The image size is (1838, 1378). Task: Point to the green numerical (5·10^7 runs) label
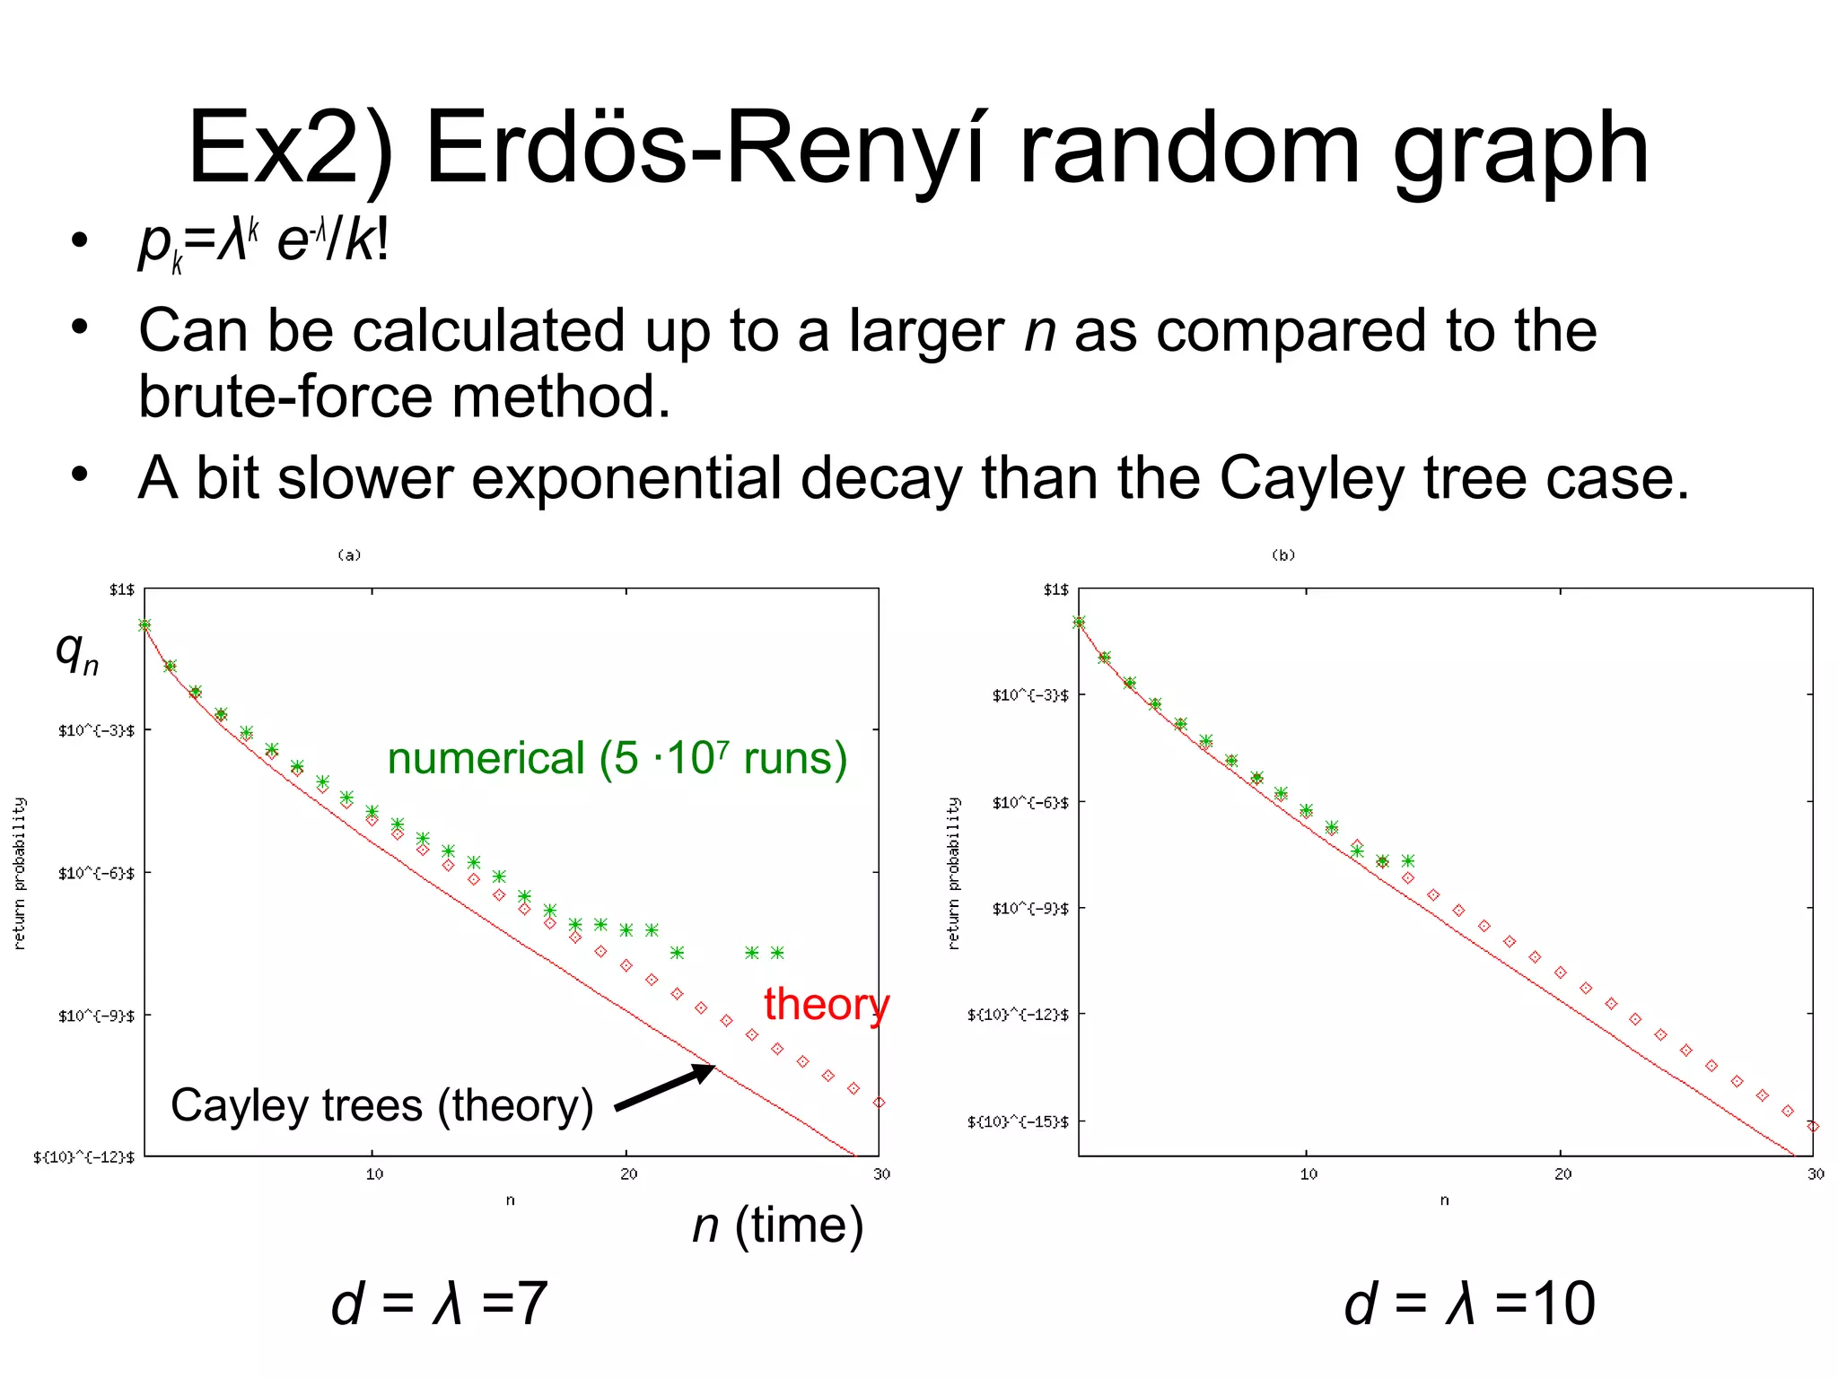click(x=617, y=759)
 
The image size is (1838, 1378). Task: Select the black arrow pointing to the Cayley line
click(x=665, y=1087)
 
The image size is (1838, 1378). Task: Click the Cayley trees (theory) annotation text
click(x=382, y=1105)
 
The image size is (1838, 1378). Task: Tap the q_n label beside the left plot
click(x=77, y=652)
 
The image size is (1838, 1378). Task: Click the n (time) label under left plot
click(x=777, y=1225)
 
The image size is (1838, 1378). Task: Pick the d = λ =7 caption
click(x=439, y=1304)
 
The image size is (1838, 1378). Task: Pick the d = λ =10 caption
click(x=1469, y=1304)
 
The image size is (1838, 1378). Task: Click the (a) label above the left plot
click(x=349, y=555)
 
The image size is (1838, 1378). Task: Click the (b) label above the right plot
click(x=1283, y=555)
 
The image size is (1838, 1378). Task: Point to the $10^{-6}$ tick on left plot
click(x=97, y=874)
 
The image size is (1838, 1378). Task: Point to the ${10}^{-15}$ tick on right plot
click(x=1018, y=1122)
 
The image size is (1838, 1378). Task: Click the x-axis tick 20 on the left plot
click(x=628, y=1174)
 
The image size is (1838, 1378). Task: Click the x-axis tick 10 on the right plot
click(x=1308, y=1174)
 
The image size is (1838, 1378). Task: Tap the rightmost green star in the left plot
click(x=777, y=953)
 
